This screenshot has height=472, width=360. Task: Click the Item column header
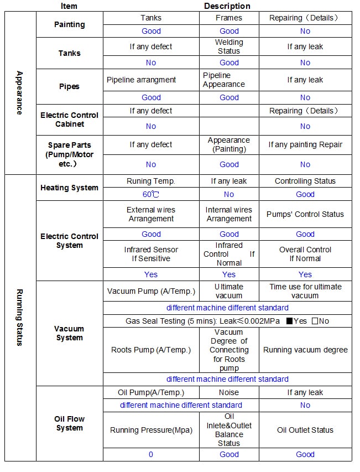tap(69, 6)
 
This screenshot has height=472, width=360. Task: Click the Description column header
tap(227, 6)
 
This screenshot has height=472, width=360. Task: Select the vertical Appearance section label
tap(20, 92)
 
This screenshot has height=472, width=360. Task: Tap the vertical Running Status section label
tap(20, 317)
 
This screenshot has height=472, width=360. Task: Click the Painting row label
tap(70, 24)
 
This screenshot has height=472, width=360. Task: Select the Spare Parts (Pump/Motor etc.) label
tap(70, 154)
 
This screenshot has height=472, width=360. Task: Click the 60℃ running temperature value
tap(151, 194)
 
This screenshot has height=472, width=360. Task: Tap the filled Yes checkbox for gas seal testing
tap(289, 321)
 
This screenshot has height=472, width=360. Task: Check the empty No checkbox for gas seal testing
tap(315, 321)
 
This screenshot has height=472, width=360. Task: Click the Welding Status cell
tap(229, 46)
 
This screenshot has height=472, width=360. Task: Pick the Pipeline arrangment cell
tap(141, 80)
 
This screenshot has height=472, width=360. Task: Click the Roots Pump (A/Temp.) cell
tap(151, 350)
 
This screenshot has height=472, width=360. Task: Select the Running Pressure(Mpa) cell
tap(151, 430)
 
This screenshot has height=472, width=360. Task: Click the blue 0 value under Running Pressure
tap(151, 454)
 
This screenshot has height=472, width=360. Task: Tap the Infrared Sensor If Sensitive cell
tap(151, 254)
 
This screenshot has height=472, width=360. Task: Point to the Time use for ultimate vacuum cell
tap(305, 291)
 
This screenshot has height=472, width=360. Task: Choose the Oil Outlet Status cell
tap(305, 430)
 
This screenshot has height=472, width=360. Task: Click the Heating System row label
tap(70, 188)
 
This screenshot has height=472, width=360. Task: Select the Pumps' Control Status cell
tap(305, 214)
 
